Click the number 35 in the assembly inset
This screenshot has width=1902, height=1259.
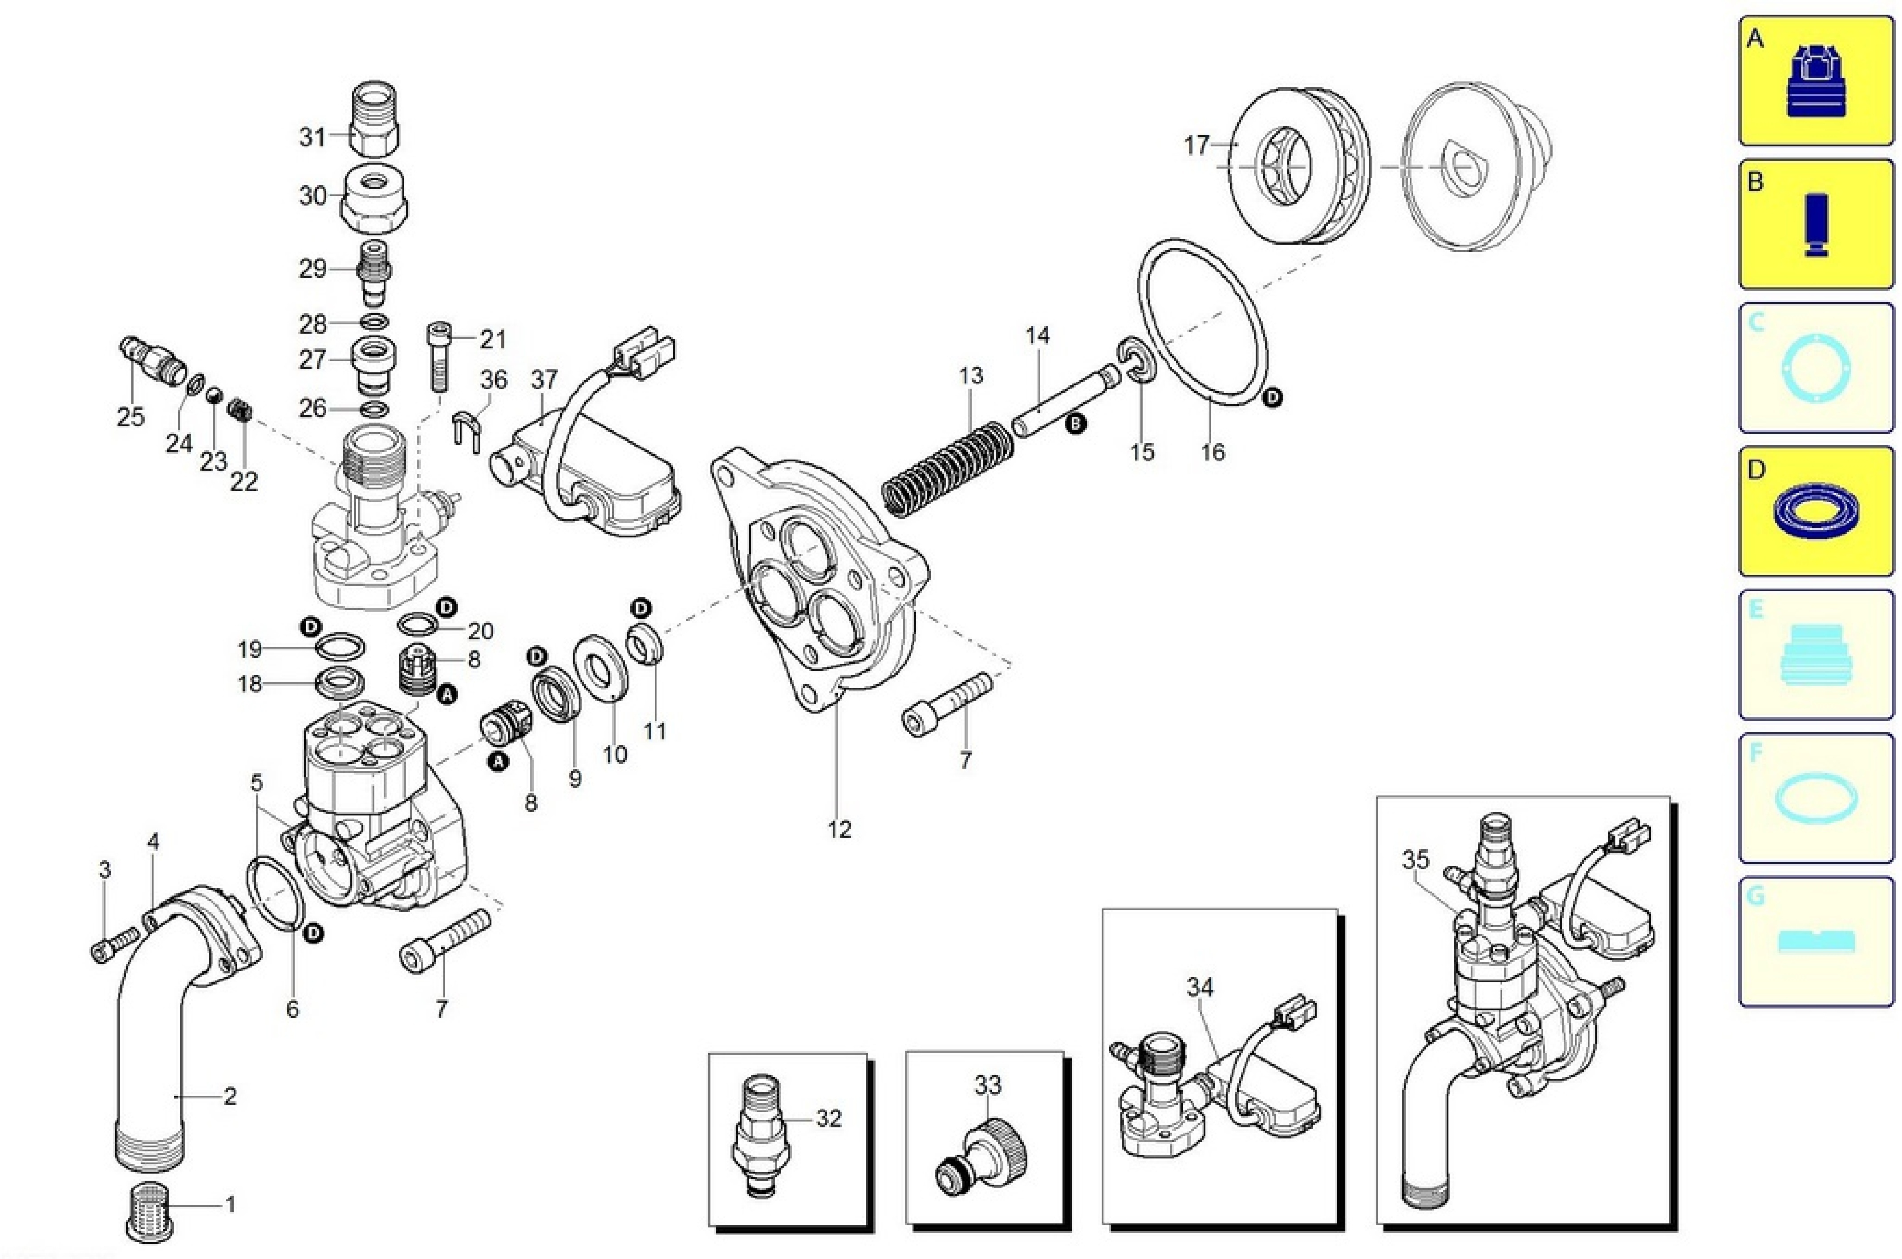1415,860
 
